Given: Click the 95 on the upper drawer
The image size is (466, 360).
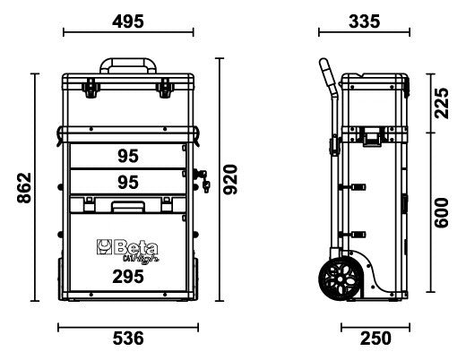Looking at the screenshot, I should (x=127, y=156).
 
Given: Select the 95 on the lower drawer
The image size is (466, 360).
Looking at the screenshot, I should (x=127, y=182).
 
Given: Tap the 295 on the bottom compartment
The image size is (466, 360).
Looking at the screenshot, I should (x=127, y=278).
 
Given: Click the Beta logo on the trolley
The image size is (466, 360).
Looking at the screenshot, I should (x=124, y=246).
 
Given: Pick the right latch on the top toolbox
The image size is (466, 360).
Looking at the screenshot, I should (x=165, y=88).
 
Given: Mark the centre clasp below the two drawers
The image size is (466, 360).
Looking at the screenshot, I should (x=127, y=208).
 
